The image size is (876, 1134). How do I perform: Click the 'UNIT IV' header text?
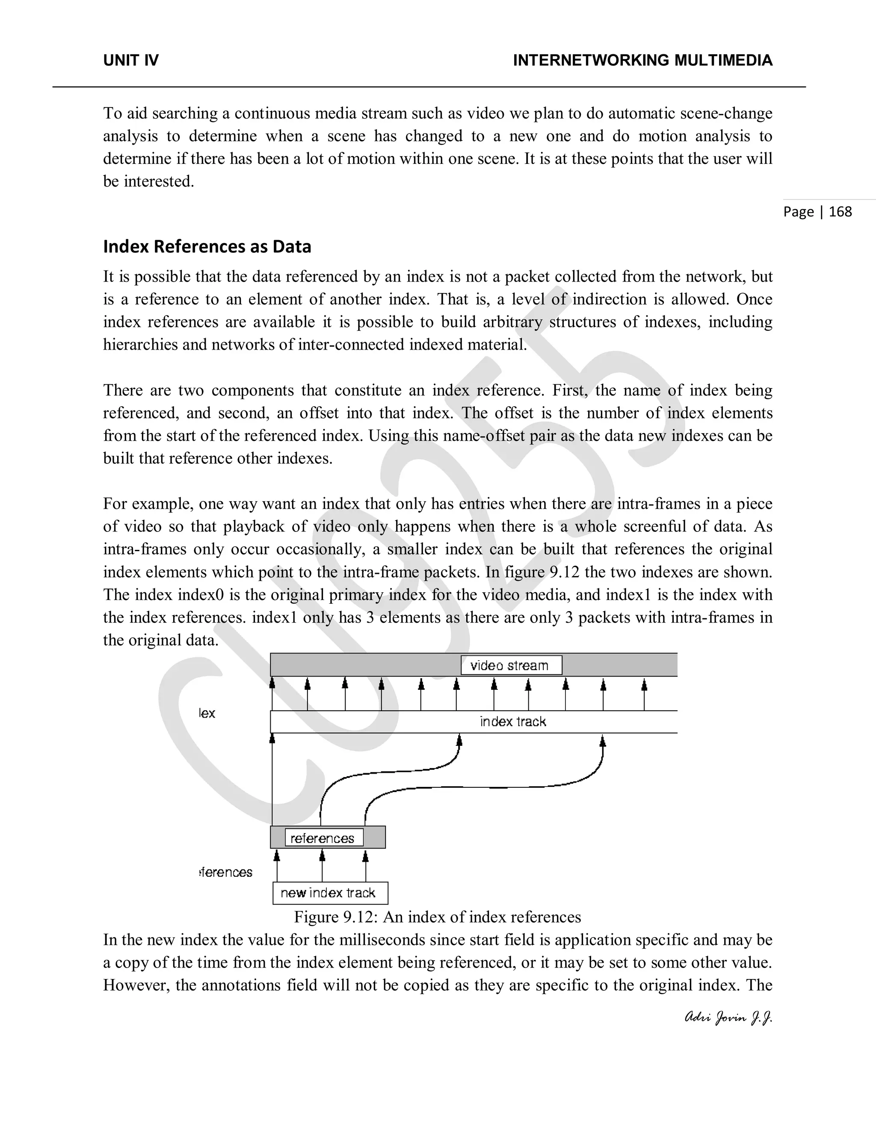tap(131, 60)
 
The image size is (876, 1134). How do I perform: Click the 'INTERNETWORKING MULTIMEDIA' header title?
tap(642, 60)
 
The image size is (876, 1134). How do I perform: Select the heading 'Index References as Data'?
tap(207, 246)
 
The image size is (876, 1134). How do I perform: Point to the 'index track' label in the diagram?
tap(513, 722)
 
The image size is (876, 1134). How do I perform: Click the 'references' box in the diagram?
tap(323, 838)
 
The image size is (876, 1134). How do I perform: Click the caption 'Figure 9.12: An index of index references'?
tap(437, 917)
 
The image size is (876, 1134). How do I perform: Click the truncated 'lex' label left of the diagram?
tap(207, 713)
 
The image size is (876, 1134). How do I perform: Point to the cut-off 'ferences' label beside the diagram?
tap(226, 872)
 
